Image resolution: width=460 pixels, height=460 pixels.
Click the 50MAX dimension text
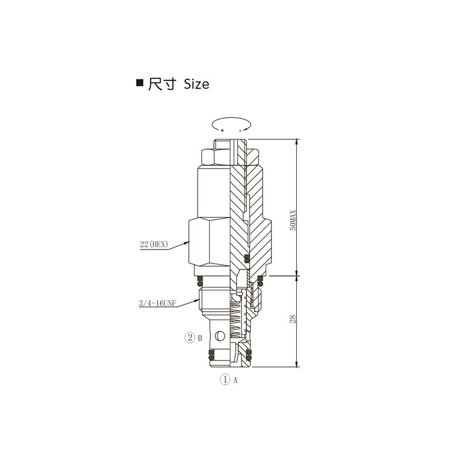coord(293,220)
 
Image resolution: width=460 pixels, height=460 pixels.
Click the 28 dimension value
coord(293,319)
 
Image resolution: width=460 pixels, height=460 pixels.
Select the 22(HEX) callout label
coord(154,244)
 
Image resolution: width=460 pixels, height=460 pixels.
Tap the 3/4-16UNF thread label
coord(158,303)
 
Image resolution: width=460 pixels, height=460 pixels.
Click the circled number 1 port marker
coord(225,379)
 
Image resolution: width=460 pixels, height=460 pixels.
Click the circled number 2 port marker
coord(190,338)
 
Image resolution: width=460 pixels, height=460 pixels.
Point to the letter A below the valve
coord(235,380)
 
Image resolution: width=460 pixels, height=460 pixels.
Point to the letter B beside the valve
coord(200,338)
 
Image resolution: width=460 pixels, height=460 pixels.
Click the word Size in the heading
coord(196,84)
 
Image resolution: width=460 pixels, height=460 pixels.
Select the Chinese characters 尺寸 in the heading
coord(162,84)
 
